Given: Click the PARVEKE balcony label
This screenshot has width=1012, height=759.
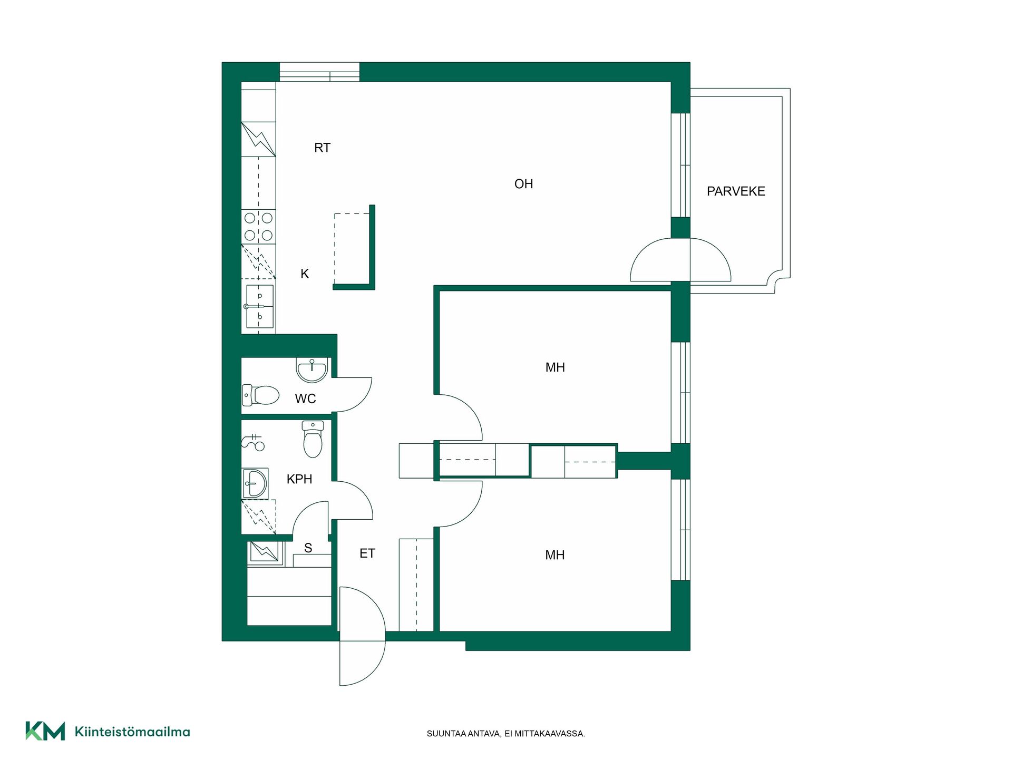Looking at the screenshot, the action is pos(736,191).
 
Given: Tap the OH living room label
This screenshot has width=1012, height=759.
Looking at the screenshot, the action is pos(523,184).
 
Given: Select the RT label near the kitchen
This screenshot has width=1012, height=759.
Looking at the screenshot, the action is pos(322,148).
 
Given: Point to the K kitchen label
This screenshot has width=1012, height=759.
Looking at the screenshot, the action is pos(305,274).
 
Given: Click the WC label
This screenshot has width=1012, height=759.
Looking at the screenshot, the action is pos(306,398).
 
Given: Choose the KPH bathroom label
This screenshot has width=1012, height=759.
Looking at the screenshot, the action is pos(299,479).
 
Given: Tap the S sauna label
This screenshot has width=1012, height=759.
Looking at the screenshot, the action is pos(308,548).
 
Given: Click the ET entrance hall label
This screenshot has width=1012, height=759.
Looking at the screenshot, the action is pos(367,553).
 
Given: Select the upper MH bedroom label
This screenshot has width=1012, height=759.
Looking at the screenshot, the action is pos(555,367).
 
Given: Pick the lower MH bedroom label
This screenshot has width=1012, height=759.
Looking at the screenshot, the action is pos(555,555).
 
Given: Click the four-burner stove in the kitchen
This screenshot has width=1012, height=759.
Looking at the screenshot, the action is pos(258,227).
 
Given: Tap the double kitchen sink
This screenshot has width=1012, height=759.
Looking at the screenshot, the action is pos(260,306).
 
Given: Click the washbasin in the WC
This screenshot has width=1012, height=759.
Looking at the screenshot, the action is pos(312,370).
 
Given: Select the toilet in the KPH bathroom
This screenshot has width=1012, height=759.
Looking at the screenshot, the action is pos(313,439).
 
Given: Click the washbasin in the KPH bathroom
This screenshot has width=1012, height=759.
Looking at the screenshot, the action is pos(255,483).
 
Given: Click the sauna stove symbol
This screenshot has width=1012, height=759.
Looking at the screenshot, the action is pos(264,552).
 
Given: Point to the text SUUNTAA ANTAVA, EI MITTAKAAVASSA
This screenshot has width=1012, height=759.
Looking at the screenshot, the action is pos(506,734).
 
